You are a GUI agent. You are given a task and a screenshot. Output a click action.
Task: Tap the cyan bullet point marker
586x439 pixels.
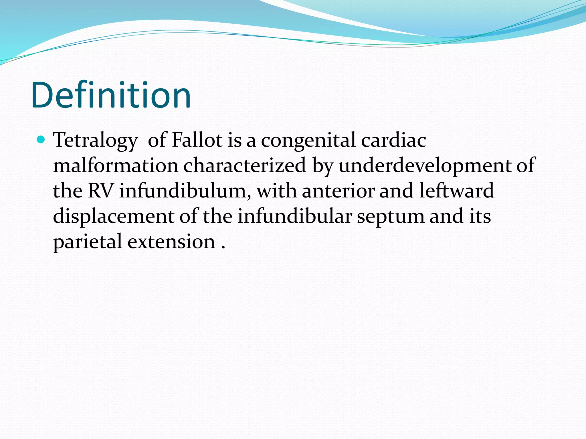click(x=41, y=140)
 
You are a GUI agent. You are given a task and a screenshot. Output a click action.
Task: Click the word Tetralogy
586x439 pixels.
click(x=95, y=141)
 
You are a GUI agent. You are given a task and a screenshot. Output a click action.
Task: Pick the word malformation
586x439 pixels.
click(x=116, y=165)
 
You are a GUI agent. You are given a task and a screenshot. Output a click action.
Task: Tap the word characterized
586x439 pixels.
click(x=245, y=165)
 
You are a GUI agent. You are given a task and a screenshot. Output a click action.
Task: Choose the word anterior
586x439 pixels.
click(x=338, y=191)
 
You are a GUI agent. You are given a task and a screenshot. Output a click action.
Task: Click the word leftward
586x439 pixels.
click(x=457, y=191)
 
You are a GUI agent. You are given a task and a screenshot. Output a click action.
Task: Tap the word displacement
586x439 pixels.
click(x=114, y=216)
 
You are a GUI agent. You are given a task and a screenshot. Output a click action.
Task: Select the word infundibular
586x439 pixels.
click(x=294, y=216)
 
